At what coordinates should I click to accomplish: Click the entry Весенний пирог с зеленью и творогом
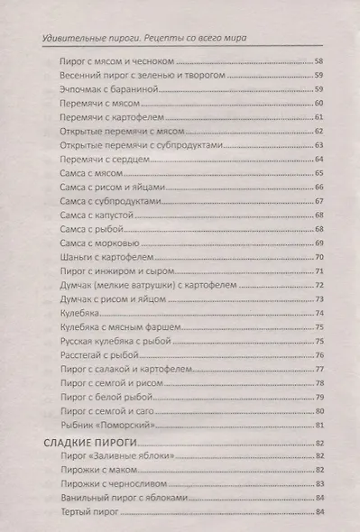[138, 76]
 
